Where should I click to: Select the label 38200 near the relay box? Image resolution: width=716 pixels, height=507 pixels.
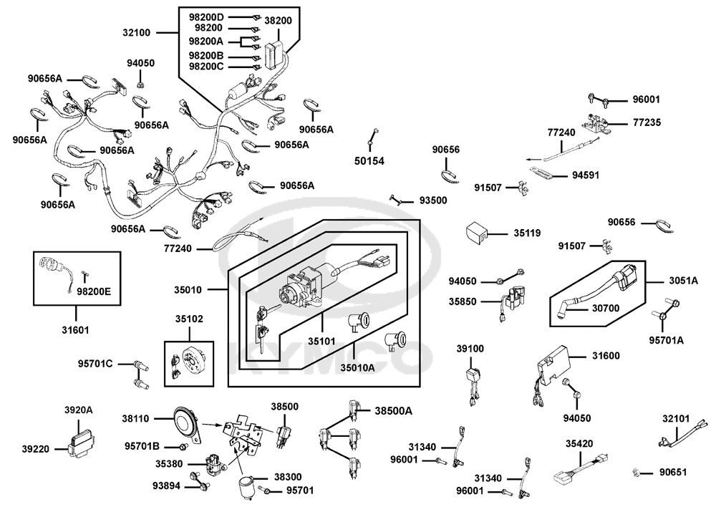coord(278,21)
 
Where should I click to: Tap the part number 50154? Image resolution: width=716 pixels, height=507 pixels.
coord(369,161)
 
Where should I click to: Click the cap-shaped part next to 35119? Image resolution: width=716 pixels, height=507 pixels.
coord(477,233)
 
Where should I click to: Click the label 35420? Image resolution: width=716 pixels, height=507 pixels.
coord(579,444)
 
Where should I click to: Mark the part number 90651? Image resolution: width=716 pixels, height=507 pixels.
coord(673,473)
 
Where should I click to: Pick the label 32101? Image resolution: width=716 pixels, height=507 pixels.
coord(676,418)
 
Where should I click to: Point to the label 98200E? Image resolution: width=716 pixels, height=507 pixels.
coord(94,291)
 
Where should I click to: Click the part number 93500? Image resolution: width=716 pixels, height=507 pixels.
coord(432,201)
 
